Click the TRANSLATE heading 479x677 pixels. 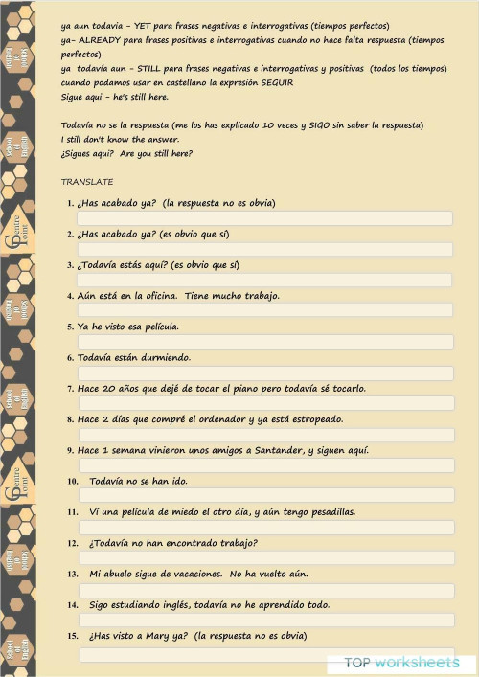pyautogui.click(x=87, y=182)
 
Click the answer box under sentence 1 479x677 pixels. pyautogui.click(x=264, y=218)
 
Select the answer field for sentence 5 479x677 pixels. pyautogui.click(x=264, y=342)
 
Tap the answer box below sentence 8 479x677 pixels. pyautogui.click(x=264, y=435)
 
